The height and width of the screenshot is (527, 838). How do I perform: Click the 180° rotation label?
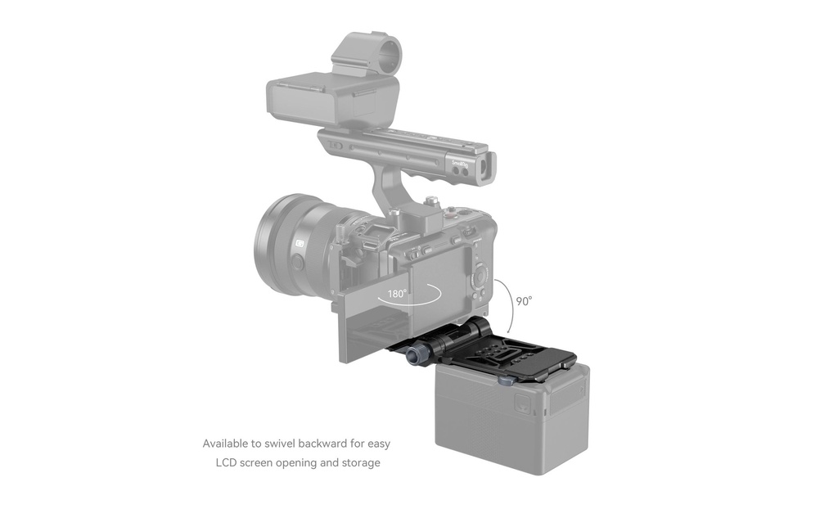397,294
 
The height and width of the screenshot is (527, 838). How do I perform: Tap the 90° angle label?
525,301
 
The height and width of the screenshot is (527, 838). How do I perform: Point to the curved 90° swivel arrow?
507,305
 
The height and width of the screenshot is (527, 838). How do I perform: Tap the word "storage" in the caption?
360,463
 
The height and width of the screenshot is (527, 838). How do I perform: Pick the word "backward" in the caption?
322,443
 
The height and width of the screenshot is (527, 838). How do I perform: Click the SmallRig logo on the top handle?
460,164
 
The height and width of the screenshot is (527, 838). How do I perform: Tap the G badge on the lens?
300,244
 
